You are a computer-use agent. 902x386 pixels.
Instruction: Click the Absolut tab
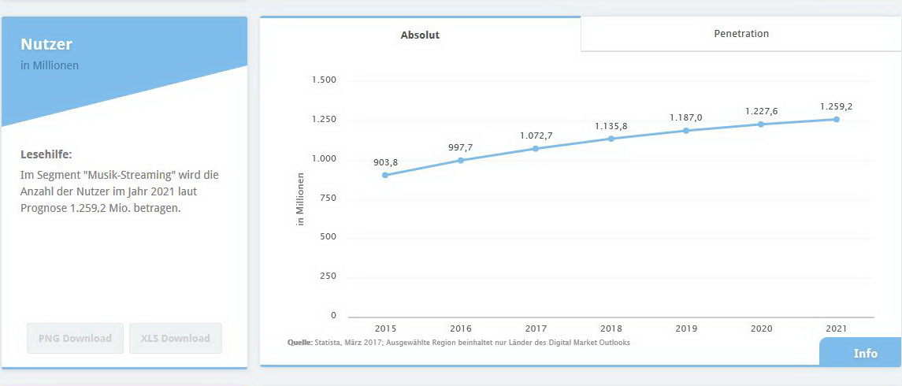pos(420,35)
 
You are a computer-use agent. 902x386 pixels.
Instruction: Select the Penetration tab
pos(741,34)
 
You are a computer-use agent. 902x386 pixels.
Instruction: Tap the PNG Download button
pos(76,339)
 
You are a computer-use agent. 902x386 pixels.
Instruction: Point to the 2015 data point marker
pos(385,175)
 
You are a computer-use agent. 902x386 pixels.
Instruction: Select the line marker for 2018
pos(611,139)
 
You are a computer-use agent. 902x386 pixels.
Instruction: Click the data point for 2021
pos(836,119)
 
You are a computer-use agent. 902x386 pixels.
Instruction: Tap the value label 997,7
pos(461,147)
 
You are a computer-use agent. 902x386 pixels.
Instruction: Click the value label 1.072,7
pos(536,135)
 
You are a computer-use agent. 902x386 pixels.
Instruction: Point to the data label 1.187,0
pos(686,117)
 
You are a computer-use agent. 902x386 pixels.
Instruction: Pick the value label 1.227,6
pos(761,111)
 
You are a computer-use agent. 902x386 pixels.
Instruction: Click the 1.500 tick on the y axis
pos(324,80)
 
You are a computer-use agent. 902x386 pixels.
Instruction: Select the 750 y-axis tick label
pos(328,198)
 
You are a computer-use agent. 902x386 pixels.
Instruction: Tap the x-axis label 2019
pos(686,328)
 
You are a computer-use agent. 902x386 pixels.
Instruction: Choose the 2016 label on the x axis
pos(461,328)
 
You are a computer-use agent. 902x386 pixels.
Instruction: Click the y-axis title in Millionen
pos(300,199)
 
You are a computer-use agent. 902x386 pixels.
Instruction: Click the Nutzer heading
pos(46,44)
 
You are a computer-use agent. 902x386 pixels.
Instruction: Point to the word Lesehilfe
pos(46,154)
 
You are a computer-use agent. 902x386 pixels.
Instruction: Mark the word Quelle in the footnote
pos(299,343)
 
